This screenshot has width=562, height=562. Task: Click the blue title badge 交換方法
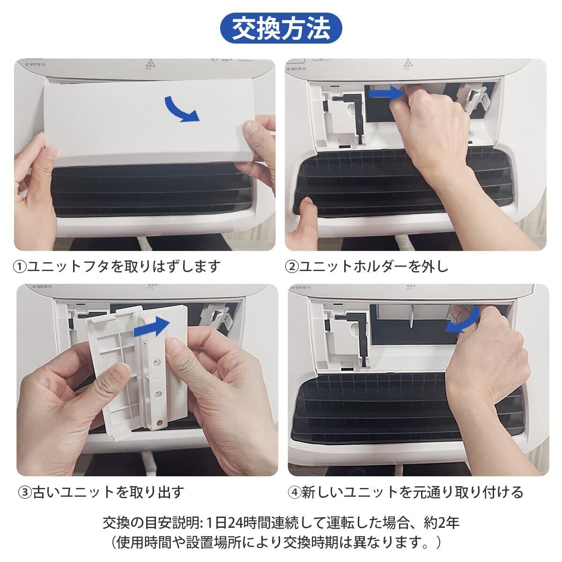click(281, 28)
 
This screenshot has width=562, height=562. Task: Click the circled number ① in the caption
click(20, 267)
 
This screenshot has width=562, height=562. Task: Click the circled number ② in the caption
click(292, 267)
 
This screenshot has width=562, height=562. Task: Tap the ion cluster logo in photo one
click(150, 64)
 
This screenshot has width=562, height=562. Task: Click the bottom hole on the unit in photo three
click(160, 422)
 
